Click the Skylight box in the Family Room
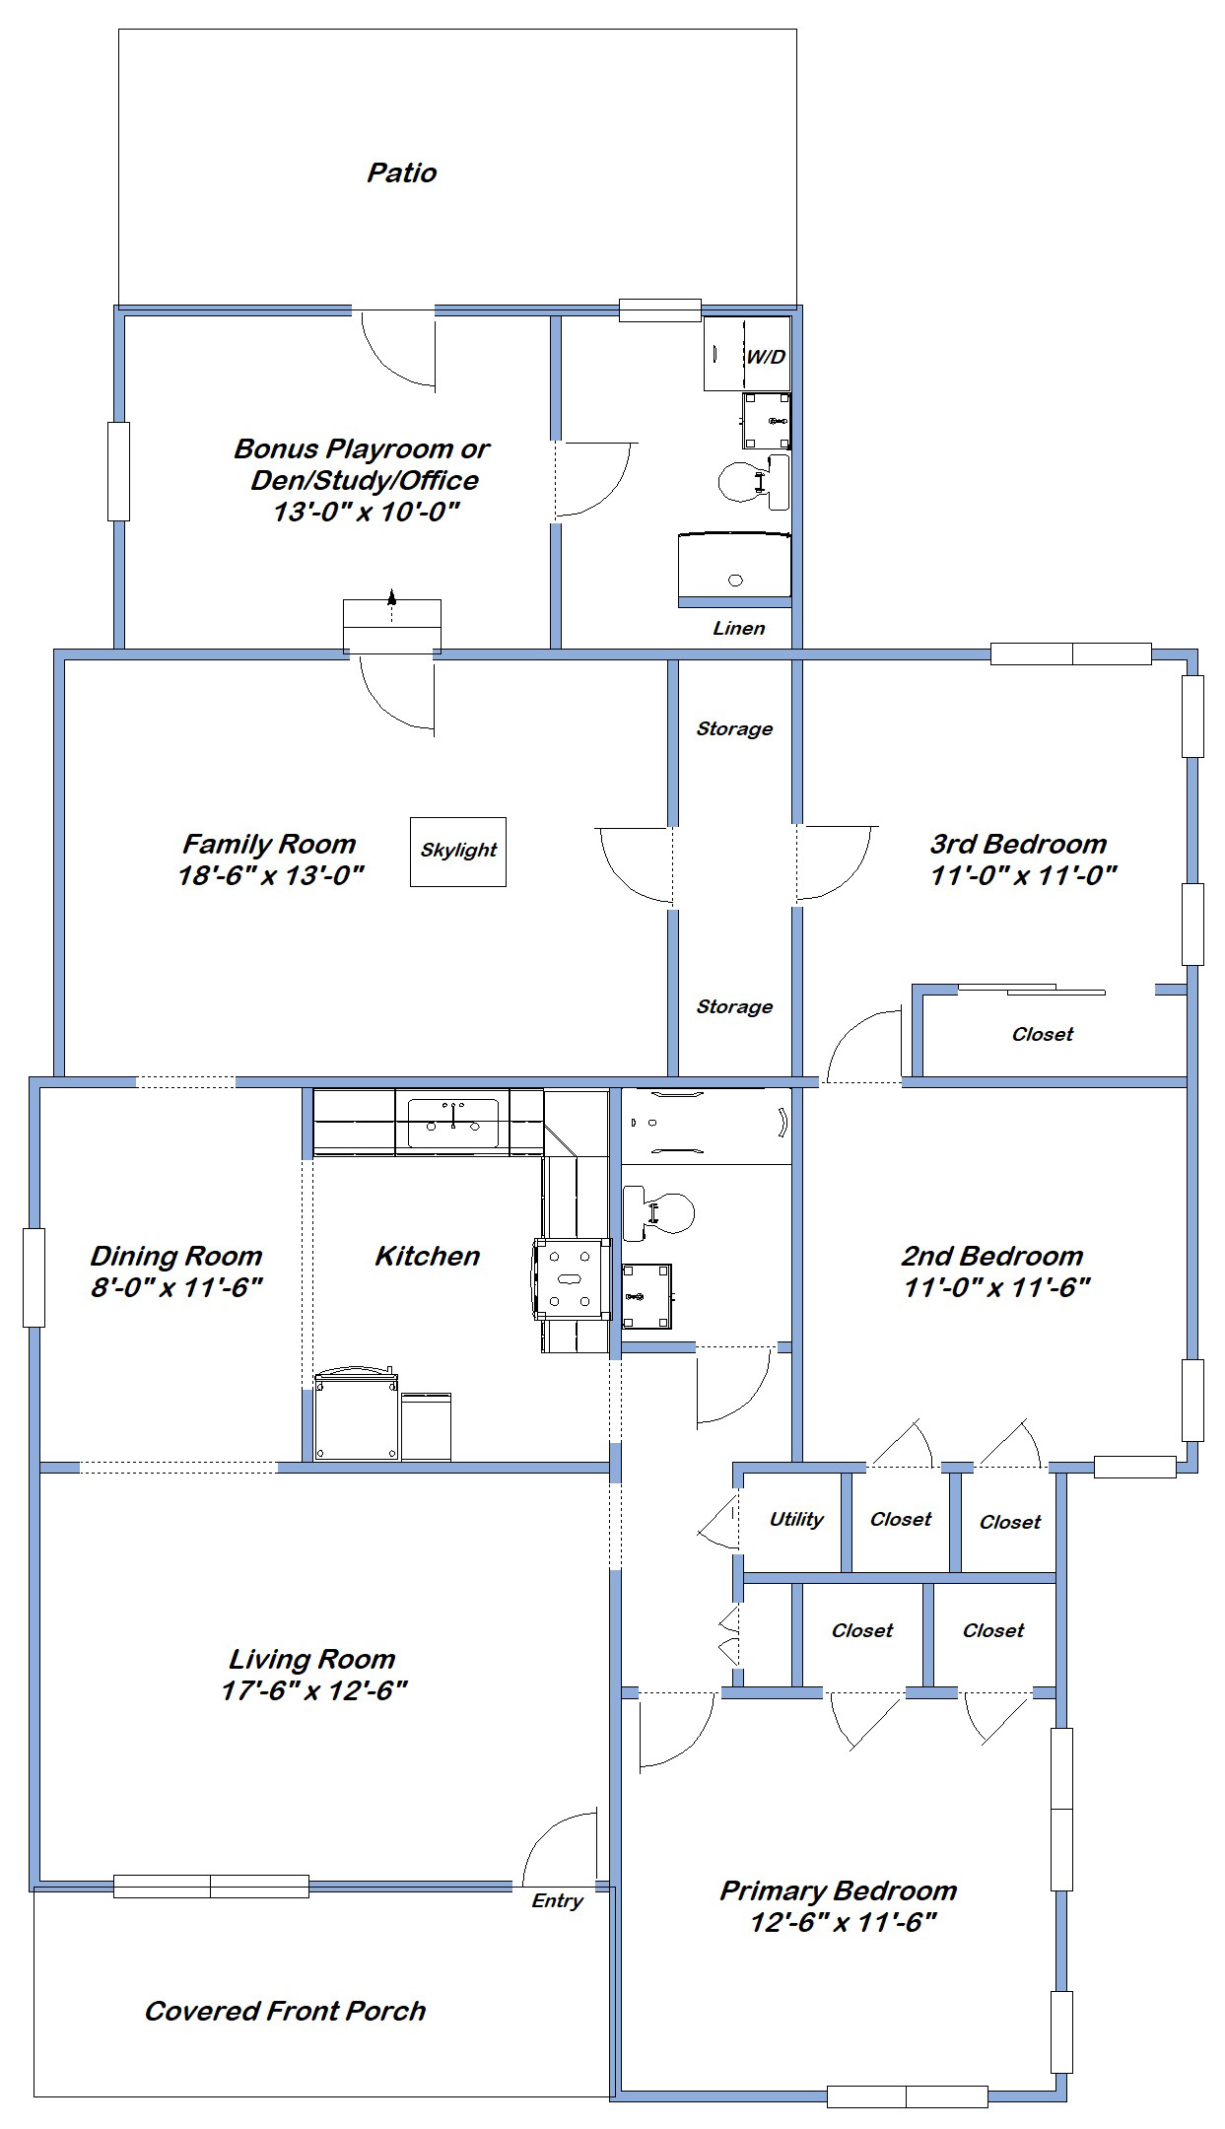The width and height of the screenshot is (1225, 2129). (458, 852)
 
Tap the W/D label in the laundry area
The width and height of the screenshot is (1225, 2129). (766, 357)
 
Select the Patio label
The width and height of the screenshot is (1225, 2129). (402, 173)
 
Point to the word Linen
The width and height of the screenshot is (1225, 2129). (738, 628)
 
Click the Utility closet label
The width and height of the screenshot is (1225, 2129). (796, 1519)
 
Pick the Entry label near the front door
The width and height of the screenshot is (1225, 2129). (557, 1901)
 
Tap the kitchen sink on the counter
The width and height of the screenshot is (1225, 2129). (452, 1122)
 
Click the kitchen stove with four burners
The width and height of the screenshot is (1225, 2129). (571, 1278)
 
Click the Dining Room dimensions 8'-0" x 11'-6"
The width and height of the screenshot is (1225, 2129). (177, 1287)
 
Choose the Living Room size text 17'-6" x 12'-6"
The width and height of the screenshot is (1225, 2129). (315, 1690)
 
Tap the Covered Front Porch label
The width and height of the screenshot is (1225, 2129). (286, 2011)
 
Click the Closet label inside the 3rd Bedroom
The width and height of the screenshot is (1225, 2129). (1043, 1034)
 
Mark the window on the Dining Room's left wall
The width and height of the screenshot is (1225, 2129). (34, 1277)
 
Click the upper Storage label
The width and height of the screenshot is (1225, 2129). (734, 729)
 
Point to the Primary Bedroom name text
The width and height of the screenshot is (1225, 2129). (839, 1890)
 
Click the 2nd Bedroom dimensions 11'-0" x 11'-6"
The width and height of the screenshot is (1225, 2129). (997, 1287)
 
